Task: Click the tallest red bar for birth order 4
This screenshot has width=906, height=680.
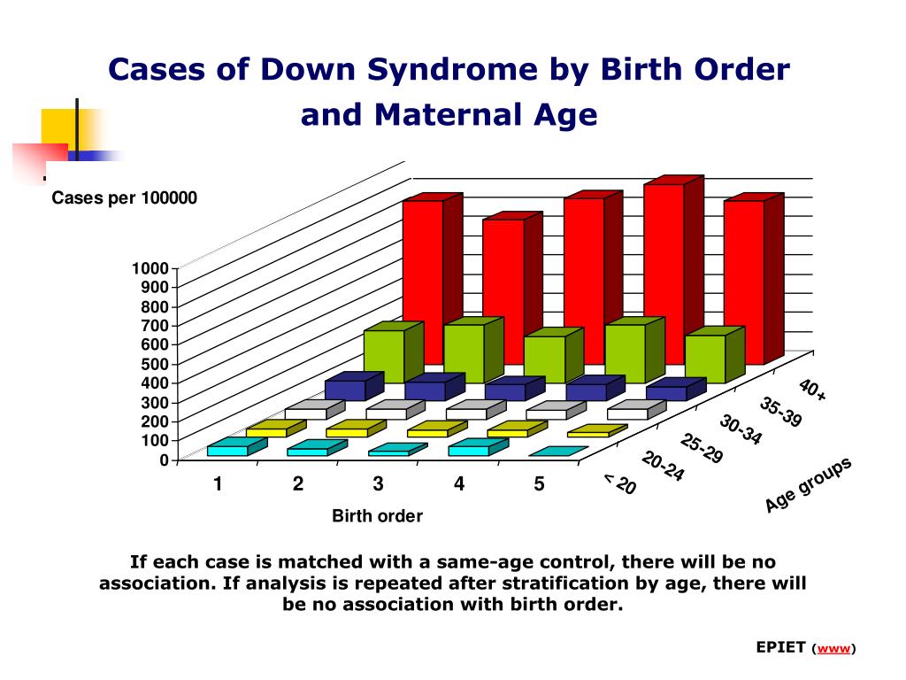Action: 664,266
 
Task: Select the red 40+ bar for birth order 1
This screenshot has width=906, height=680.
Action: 422,274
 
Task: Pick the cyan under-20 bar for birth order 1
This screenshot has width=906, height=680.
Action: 226,451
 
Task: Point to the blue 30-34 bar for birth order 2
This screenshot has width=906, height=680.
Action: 425,390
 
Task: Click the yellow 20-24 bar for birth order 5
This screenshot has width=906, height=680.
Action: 587,433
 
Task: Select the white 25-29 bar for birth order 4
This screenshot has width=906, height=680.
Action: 546,413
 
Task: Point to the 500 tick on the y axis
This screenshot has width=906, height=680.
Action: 156,364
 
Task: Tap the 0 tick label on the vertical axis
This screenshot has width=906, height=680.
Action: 164,460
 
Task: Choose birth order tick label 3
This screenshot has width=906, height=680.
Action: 378,484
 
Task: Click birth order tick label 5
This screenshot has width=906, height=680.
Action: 539,484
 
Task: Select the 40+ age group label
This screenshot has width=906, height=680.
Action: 811,390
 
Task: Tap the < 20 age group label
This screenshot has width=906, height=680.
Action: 619,484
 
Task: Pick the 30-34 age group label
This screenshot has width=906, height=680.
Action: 740,429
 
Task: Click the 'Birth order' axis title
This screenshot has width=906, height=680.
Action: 377,516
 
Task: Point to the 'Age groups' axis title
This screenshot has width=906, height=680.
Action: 808,484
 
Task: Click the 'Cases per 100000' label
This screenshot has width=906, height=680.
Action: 124,197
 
